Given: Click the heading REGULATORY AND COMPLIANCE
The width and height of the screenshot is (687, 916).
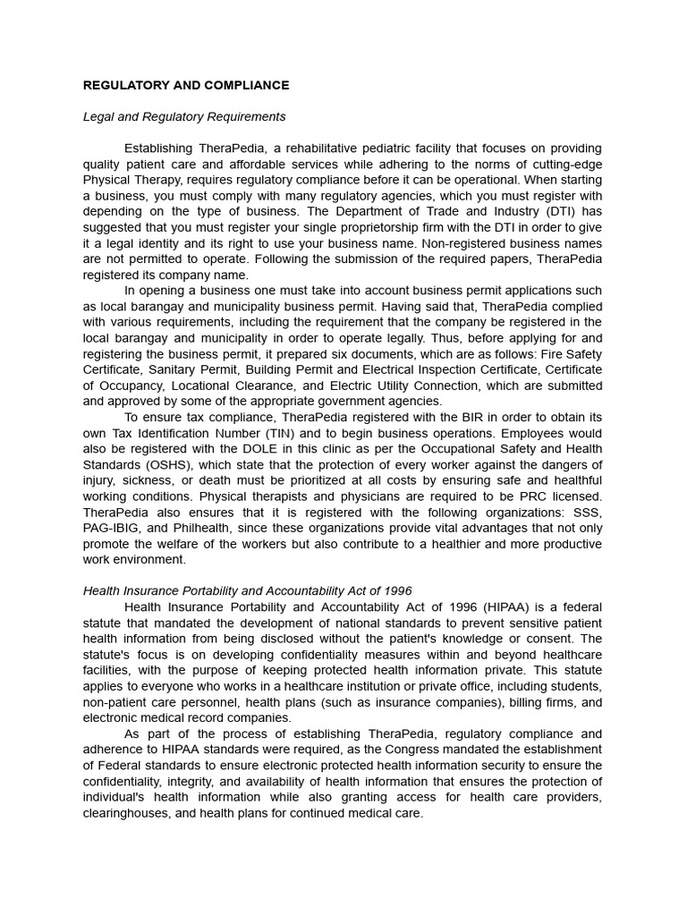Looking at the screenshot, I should (x=186, y=86).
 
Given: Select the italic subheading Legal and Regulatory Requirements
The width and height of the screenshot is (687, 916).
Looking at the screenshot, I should (x=184, y=117).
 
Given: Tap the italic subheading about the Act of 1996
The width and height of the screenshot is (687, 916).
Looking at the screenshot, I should (x=247, y=590).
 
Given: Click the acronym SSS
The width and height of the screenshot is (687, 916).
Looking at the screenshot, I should (x=587, y=513).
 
